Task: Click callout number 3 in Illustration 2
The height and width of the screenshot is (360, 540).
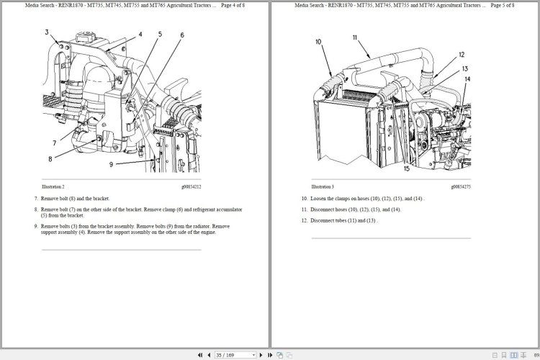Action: pyautogui.click(x=47, y=32)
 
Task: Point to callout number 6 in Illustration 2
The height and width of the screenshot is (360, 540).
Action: pyautogui.click(x=182, y=35)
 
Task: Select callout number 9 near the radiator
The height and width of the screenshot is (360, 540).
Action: pyautogui.click(x=112, y=164)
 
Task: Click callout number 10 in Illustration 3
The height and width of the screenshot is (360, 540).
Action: pyautogui.click(x=318, y=42)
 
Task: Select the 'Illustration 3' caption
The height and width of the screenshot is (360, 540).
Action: pyautogui.click(x=323, y=186)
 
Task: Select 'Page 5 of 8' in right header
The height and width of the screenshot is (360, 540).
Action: pyautogui.click(x=500, y=5)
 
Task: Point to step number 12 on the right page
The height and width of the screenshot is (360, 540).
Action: pyautogui.click(x=305, y=220)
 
